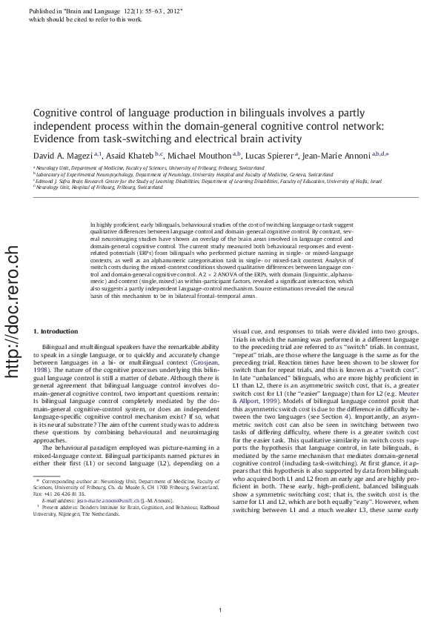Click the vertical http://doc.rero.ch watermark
[x=11, y=311]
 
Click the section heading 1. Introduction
[x=56, y=331]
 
